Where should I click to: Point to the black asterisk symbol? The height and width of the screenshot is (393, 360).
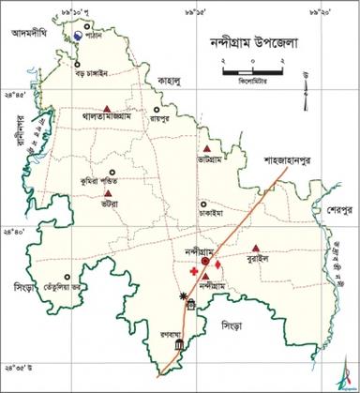[x=183, y=295]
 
